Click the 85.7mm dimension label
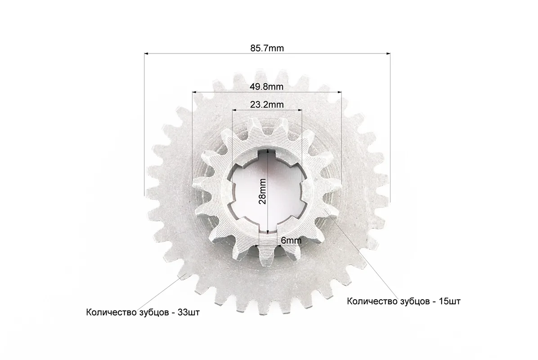[x=267, y=48]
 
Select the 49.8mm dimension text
[x=267, y=86]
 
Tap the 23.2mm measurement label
[x=267, y=104]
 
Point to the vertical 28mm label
[x=262, y=191]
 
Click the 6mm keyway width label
[x=291, y=240]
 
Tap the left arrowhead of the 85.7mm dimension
[x=146, y=54]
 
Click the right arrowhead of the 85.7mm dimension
[x=388, y=54]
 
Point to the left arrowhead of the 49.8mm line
[x=194, y=92]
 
